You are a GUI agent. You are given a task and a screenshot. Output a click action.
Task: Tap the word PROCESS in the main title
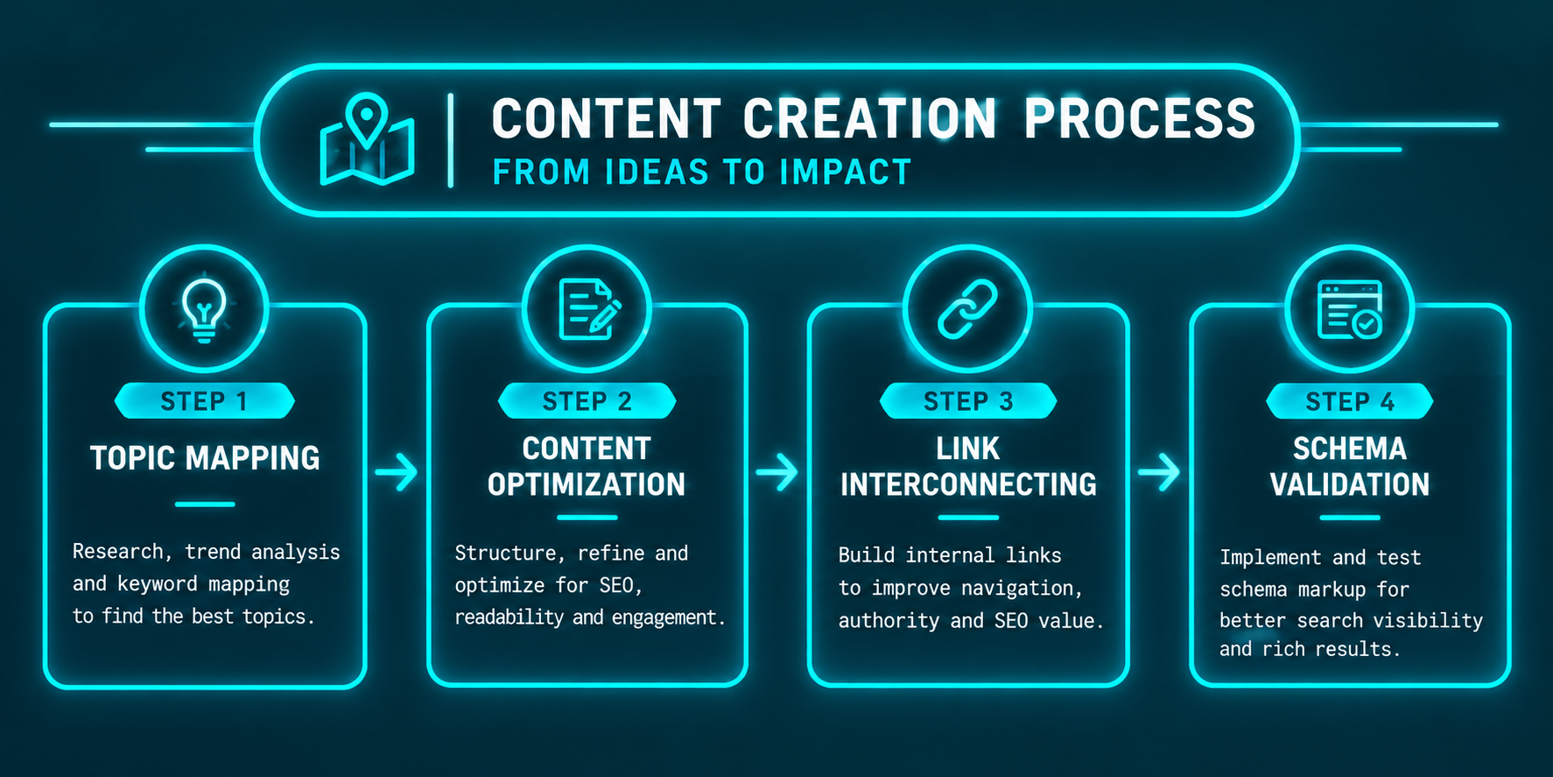[x=1139, y=119]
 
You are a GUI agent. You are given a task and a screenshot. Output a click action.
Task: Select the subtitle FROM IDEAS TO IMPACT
[x=702, y=173]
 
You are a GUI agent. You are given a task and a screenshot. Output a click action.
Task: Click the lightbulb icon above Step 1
[x=204, y=308]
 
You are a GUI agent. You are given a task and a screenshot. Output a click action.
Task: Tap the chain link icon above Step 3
[x=967, y=309]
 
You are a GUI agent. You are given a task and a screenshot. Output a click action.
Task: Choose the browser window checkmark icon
[x=1350, y=309]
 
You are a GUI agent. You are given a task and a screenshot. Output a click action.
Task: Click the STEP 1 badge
[x=204, y=401]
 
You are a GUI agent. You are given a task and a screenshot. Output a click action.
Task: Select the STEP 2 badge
[x=587, y=401]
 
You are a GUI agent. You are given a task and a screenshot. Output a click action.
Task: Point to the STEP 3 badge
[x=968, y=401]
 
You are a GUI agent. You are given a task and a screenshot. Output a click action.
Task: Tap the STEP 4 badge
[x=1350, y=401]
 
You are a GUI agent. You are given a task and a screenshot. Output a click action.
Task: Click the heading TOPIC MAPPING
[x=205, y=458]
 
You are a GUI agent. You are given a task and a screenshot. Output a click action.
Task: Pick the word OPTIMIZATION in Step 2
[x=587, y=484]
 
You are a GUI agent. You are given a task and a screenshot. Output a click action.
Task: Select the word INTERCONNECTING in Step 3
[x=968, y=484]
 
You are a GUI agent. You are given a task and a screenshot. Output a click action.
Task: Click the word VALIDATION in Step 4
[x=1350, y=484]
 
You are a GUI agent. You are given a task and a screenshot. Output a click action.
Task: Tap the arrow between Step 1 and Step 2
[x=397, y=472]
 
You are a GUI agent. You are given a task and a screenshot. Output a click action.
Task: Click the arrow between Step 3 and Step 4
[x=1159, y=472]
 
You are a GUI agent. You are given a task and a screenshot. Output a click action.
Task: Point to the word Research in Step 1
[x=117, y=552]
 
